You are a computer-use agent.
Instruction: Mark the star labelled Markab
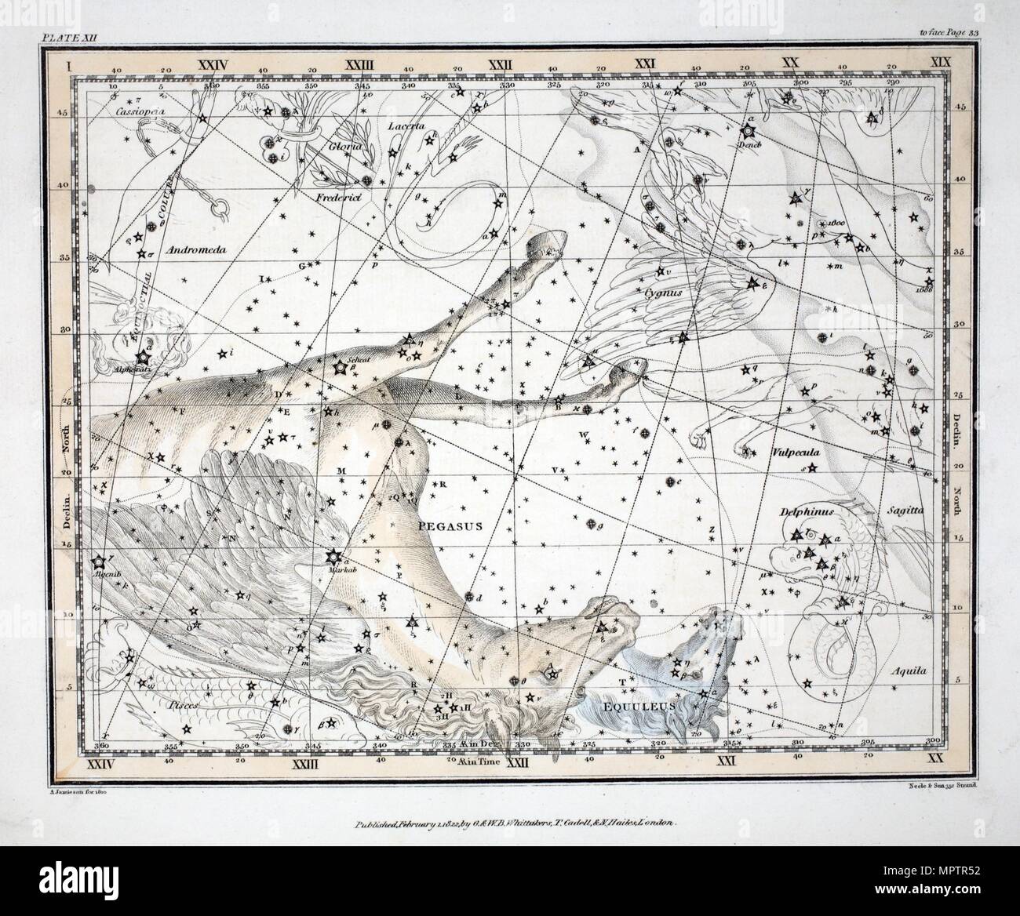pos(331,558)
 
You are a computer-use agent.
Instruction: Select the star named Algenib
pos(99,562)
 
